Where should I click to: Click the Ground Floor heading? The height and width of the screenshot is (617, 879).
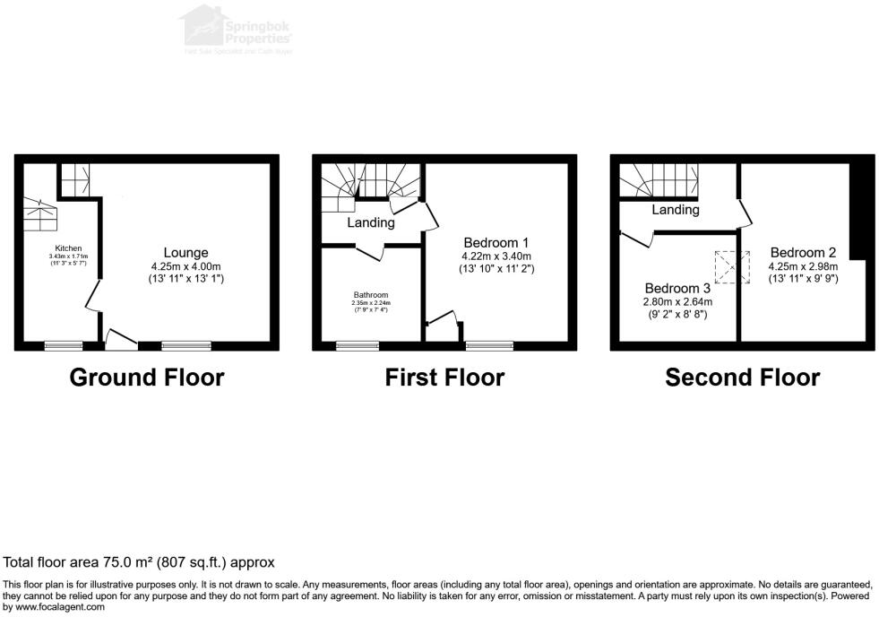pyautogui.click(x=147, y=378)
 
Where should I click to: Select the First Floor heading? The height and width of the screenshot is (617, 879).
pyautogui.click(x=444, y=378)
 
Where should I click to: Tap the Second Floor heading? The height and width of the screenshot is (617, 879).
pyautogui.click(x=742, y=378)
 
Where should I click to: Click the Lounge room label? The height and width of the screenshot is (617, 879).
pyautogui.click(x=185, y=252)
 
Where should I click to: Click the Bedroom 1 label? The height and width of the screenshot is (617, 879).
pyautogui.click(x=496, y=242)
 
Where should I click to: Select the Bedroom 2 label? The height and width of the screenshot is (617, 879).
pyautogui.click(x=802, y=252)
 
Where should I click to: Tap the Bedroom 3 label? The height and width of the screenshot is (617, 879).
pyautogui.click(x=678, y=288)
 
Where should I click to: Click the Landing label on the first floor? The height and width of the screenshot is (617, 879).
pyautogui.click(x=371, y=222)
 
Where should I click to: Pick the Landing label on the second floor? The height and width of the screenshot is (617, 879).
pyautogui.click(x=675, y=210)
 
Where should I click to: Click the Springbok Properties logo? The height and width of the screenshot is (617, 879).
pyautogui.click(x=237, y=29)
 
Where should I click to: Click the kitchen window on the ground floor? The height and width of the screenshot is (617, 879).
pyautogui.click(x=64, y=344)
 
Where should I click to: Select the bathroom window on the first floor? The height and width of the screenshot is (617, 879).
pyautogui.click(x=357, y=344)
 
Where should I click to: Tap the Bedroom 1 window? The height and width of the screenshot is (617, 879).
pyautogui.click(x=489, y=344)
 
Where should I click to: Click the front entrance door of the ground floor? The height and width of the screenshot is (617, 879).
pyautogui.click(x=120, y=339)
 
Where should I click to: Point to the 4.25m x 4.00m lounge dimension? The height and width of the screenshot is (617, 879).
pyautogui.click(x=185, y=266)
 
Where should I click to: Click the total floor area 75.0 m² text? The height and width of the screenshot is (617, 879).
pyautogui.click(x=139, y=562)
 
